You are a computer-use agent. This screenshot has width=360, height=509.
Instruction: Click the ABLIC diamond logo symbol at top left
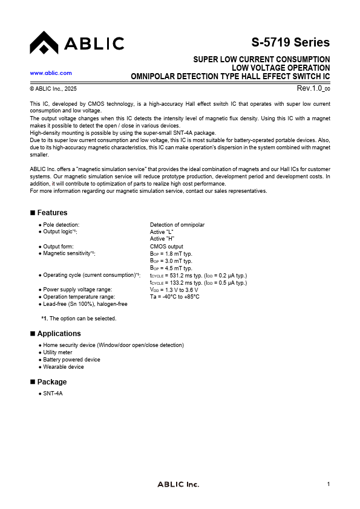click(44, 43)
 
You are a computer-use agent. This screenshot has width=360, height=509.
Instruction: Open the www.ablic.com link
click(51, 73)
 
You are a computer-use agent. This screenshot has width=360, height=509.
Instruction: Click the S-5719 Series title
click(290, 42)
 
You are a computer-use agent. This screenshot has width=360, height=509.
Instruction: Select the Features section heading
click(52, 213)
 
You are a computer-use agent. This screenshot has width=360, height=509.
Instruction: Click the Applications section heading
click(59, 334)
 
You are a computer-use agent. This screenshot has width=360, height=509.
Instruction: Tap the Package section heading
click(52, 382)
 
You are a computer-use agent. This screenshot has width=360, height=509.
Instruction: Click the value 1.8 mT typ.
click(171, 254)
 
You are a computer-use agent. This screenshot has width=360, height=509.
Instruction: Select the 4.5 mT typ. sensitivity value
click(171, 268)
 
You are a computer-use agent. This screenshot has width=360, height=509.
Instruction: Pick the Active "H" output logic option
click(162, 239)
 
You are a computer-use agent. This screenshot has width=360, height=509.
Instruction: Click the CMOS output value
click(166, 247)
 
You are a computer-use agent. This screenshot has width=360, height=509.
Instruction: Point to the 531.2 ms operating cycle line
click(198, 276)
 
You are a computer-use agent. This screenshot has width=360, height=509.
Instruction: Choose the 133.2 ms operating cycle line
click(198, 283)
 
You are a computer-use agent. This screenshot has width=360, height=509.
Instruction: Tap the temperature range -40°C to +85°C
click(175, 297)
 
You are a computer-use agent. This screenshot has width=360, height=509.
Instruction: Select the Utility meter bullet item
click(57, 352)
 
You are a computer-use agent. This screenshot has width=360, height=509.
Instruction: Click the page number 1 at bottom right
click(328, 484)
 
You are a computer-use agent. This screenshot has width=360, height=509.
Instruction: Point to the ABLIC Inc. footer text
click(178, 484)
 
